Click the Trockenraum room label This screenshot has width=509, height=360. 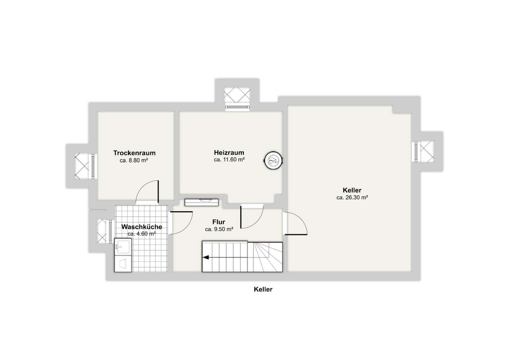tap(134, 153)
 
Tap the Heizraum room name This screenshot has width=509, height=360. tap(229, 152)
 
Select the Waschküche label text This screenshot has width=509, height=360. tap(142, 227)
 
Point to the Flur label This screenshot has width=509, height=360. tap(219, 222)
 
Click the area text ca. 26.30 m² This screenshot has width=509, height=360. tap(352, 197)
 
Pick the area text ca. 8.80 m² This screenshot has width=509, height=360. tap(134, 160)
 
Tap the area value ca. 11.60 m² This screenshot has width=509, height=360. tap(229, 160)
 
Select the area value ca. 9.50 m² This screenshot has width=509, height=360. tap(219, 229)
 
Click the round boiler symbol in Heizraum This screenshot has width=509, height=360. tap(273, 160)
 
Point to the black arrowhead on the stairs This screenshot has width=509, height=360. tap(206, 257)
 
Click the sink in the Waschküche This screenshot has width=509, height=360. tap(123, 246)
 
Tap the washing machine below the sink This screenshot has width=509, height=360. tap(123, 263)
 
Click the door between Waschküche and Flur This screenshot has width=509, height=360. tap(181, 223)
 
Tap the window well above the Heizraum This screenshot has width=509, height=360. tap(237, 95)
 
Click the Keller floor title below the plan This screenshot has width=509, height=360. tap(263, 289)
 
